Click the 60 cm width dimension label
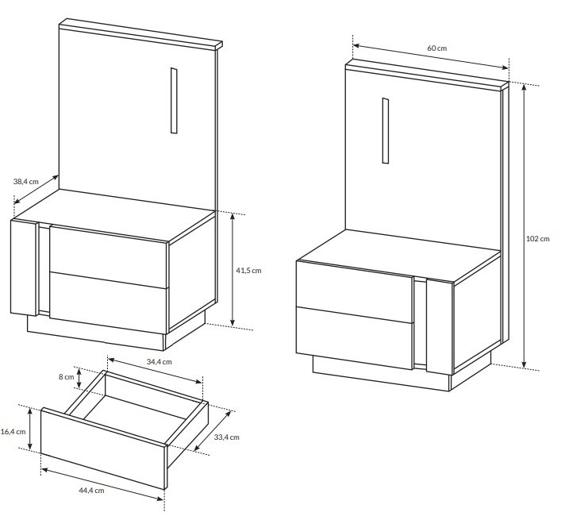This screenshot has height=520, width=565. click(x=436, y=48)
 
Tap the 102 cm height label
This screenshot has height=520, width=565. click(x=537, y=238)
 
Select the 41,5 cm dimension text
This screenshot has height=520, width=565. click(x=248, y=270)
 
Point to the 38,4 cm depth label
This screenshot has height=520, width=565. click(x=25, y=181)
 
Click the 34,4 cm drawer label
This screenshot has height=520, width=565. click(x=159, y=361)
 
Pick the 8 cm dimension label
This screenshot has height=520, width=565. click(x=67, y=377)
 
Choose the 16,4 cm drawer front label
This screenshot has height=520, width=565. click(x=13, y=431)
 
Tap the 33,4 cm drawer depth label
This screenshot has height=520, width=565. click(x=227, y=437)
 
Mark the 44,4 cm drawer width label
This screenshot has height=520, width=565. click(x=91, y=490)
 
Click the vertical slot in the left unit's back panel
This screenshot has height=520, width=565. click(x=174, y=101)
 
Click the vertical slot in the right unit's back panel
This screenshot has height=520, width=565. click(x=386, y=130)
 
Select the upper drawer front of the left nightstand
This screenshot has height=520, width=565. click(x=109, y=256)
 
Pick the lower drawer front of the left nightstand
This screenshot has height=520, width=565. click(x=109, y=302)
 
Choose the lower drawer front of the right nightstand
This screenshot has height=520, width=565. click(x=355, y=338)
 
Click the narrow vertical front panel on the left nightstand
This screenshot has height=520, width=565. click(x=24, y=268)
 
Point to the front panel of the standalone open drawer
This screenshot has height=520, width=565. click(x=103, y=449)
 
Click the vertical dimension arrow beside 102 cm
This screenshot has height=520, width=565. click(x=525, y=227)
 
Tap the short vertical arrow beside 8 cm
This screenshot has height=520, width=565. click(x=79, y=378)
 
